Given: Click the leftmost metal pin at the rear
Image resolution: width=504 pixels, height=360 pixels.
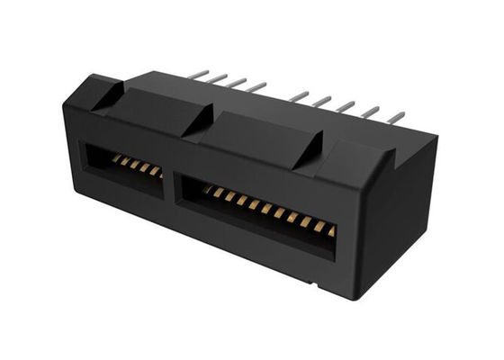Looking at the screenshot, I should [200, 74].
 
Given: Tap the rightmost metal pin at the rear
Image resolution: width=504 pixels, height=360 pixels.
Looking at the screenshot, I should [396, 117].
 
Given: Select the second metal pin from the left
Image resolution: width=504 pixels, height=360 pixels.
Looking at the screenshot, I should [220, 78].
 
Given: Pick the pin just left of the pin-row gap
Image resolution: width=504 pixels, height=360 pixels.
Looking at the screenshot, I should [257, 86].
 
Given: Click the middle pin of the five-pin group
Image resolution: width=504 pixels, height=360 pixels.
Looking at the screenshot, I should [346, 106].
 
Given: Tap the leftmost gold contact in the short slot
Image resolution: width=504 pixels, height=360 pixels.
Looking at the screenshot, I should [116, 159].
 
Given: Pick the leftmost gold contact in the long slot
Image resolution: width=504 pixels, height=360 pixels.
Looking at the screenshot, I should [208, 190].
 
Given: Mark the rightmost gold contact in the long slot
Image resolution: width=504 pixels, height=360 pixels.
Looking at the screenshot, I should [330, 231].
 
